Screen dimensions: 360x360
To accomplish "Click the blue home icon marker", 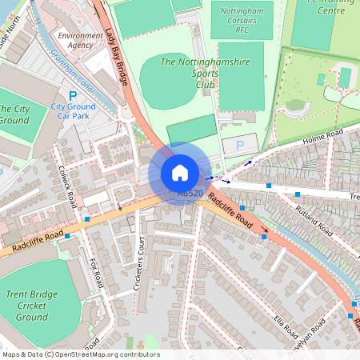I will point(180,173).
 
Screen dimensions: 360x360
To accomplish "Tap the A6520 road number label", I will point(190,194).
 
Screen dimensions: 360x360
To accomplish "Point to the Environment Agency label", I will point(80,41).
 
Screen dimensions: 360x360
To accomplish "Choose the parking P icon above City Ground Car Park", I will point(72,95).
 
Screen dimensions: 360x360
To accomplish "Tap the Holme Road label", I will point(322,138).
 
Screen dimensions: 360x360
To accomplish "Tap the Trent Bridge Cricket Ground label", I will point(32,306).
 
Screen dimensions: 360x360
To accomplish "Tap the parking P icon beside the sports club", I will point(240,146).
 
